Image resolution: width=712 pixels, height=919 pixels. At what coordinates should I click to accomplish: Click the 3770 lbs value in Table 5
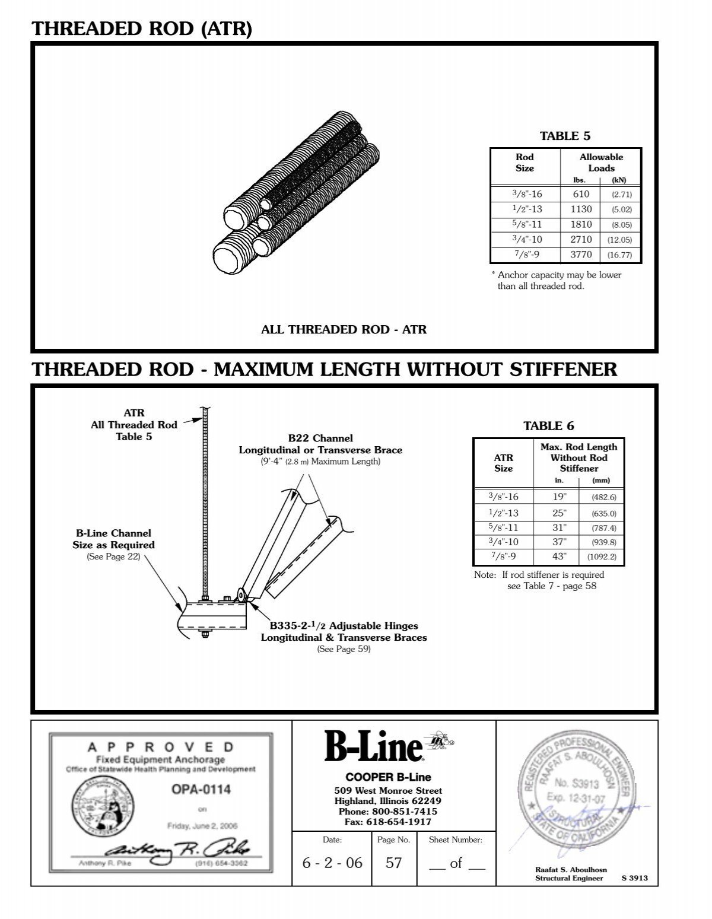click(581, 255)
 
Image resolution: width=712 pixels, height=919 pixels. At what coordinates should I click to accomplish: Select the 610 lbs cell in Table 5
click(581, 194)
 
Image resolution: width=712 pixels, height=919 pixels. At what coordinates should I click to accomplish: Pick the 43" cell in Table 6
click(560, 557)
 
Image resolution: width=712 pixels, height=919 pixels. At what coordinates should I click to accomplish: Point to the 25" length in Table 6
click(560, 513)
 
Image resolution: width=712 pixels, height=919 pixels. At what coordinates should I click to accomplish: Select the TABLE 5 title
click(565, 136)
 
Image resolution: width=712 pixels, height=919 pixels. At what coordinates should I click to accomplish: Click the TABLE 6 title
click(548, 425)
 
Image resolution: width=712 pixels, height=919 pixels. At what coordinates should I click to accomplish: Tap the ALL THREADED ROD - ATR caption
click(344, 329)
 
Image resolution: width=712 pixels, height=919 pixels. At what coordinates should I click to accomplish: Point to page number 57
click(393, 863)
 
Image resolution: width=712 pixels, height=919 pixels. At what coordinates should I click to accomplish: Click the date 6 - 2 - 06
click(332, 863)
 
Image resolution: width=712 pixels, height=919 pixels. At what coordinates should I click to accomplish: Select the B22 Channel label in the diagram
click(320, 438)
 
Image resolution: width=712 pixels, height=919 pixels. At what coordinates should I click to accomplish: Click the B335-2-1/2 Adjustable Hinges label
click(344, 626)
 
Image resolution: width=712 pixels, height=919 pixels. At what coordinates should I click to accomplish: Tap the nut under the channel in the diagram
click(205, 635)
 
